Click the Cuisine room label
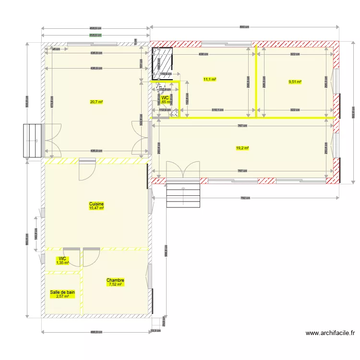pyautogui.click(x=96, y=204)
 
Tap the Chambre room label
pyautogui.click(x=115, y=280)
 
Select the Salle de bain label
pyautogui.click(x=62, y=292)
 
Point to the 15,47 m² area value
pyautogui.click(x=96, y=208)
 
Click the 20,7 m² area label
pyautogui.click(x=96, y=102)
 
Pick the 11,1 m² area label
pyautogui.click(x=209, y=79)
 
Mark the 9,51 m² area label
pyautogui.click(x=295, y=82)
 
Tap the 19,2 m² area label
pyautogui.click(x=242, y=148)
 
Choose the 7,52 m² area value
pyautogui.click(x=115, y=285)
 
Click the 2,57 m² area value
pyautogui.click(x=62, y=296)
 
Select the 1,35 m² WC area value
pyautogui.click(x=62, y=263)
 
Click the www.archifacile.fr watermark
pyautogui.click(x=330, y=333)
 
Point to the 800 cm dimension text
pyautogui.click(x=244, y=27)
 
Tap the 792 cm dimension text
pyautogui.click(x=244, y=198)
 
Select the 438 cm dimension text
pyautogui.click(x=204, y=54)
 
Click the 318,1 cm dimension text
pyautogui.click(x=217, y=110)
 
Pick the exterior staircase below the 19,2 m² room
pyautogui.click(x=183, y=195)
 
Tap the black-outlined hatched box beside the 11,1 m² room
pyautogui.click(x=163, y=63)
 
